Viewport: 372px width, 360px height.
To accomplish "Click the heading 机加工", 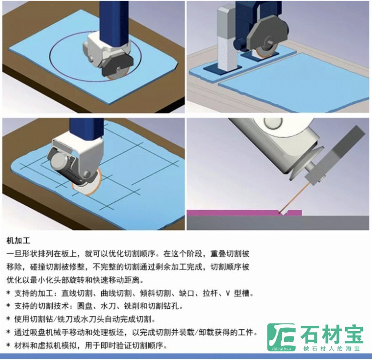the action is (x=18, y=241).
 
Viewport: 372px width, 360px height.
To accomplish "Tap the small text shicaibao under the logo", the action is (x=281, y=348).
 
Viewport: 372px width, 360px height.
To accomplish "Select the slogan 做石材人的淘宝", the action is (x=331, y=348).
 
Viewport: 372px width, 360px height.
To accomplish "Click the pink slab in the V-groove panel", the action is (x=244, y=213).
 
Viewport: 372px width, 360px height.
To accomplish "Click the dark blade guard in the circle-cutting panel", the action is (x=118, y=64).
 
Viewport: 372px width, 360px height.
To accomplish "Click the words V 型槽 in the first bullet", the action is (x=237, y=294).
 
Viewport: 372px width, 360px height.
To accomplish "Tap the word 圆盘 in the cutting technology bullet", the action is (x=84, y=306).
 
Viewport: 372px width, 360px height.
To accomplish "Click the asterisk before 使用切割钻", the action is (x=9, y=319).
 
